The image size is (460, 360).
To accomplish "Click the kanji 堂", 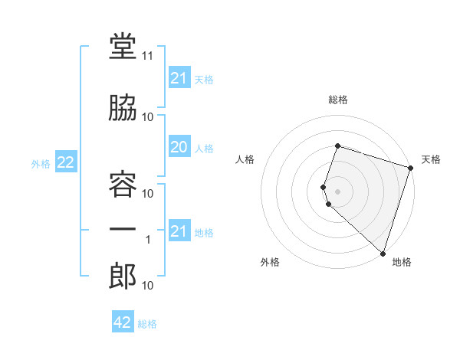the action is pyautogui.click(x=123, y=46).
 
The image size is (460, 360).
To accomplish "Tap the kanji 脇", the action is pyautogui.click(x=123, y=107).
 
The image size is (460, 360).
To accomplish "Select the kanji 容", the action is pyautogui.click(x=123, y=184).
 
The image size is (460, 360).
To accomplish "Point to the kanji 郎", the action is pyautogui.click(x=123, y=276).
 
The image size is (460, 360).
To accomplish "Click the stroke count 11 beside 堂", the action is pyautogui.click(x=147, y=56).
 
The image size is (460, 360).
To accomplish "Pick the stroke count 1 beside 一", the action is pyautogui.click(x=148, y=240).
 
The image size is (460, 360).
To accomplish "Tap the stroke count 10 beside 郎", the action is pyautogui.click(x=147, y=285).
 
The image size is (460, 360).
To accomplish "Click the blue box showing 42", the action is pyautogui.click(x=123, y=321).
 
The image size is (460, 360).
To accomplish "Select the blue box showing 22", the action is pyautogui.click(x=66, y=162).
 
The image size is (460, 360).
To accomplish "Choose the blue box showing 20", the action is pyautogui.click(x=180, y=146).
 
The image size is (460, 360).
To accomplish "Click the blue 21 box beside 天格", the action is pyautogui.click(x=180, y=77).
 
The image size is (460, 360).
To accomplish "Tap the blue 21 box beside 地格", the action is pyautogui.click(x=180, y=230).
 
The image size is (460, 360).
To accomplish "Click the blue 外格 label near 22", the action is pyautogui.click(x=41, y=164).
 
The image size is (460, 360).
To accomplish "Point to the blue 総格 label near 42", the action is pyautogui.click(x=147, y=324).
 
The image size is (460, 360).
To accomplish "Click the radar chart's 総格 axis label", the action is pyautogui.click(x=338, y=100).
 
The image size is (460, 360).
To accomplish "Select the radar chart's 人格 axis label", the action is pyautogui.click(x=245, y=159).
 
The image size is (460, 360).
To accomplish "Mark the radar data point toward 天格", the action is pyautogui.click(x=411, y=168).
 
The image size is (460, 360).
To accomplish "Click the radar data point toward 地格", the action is pyautogui.click(x=383, y=254).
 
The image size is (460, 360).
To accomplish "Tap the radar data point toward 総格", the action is pyautogui.click(x=338, y=146).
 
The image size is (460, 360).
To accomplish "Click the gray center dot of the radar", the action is pyautogui.click(x=337, y=191).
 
